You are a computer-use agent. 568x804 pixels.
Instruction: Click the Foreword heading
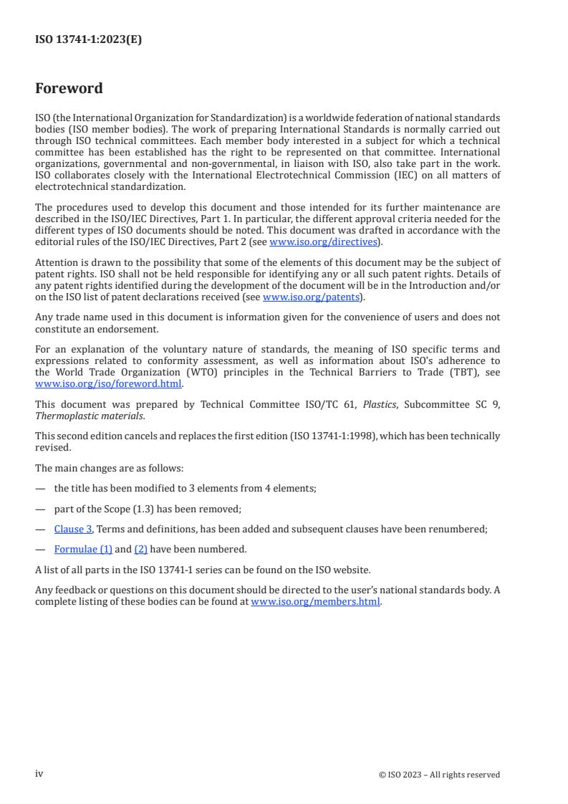tap(69, 89)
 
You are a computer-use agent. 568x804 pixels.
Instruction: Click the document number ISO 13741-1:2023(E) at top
tap(88, 40)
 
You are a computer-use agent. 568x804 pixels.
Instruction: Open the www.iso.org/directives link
tap(323, 242)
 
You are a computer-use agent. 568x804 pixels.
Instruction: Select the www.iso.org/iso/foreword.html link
tap(109, 383)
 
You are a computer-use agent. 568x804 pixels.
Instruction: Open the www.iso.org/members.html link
tap(316, 602)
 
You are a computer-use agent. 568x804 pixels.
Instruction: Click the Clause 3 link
tap(73, 529)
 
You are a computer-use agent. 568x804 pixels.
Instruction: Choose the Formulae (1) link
tap(83, 549)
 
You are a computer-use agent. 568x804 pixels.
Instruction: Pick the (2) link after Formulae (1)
tap(140, 549)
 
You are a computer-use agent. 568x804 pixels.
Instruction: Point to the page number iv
tap(39, 774)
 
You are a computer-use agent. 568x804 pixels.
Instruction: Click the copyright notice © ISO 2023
tap(439, 775)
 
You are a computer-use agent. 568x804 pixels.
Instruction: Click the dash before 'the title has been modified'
tap(40, 489)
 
